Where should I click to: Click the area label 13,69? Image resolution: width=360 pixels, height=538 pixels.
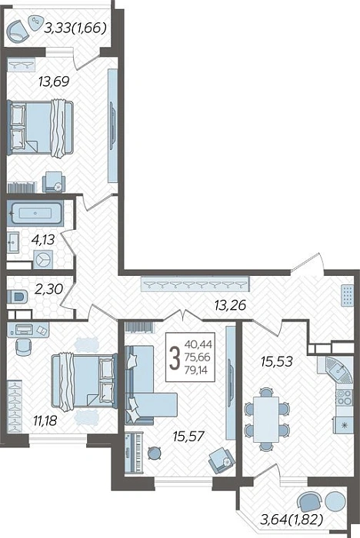(54, 82)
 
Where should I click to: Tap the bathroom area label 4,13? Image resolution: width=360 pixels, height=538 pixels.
(43, 240)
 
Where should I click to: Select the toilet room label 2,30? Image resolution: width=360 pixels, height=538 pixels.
(48, 289)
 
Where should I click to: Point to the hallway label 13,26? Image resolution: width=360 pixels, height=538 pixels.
(230, 304)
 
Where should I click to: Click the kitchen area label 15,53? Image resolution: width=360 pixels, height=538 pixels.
(276, 361)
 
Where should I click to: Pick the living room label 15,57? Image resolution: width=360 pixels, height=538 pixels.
(188, 437)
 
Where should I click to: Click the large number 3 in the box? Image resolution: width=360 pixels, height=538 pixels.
(175, 357)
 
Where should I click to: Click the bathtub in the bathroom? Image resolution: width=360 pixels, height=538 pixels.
(35, 214)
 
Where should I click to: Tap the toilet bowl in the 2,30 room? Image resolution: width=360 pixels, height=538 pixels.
(17, 296)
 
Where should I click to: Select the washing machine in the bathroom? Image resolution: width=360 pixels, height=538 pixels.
(43, 260)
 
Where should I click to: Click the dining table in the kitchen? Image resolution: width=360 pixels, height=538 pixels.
(266, 420)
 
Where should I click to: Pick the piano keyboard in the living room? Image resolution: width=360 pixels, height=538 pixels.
(138, 453)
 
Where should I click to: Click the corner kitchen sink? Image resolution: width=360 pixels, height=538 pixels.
(339, 370)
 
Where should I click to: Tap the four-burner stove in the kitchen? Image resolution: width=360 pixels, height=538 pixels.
(344, 397)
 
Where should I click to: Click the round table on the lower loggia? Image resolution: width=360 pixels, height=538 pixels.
(335, 501)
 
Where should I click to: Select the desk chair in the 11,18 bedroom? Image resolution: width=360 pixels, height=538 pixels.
(24, 347)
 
